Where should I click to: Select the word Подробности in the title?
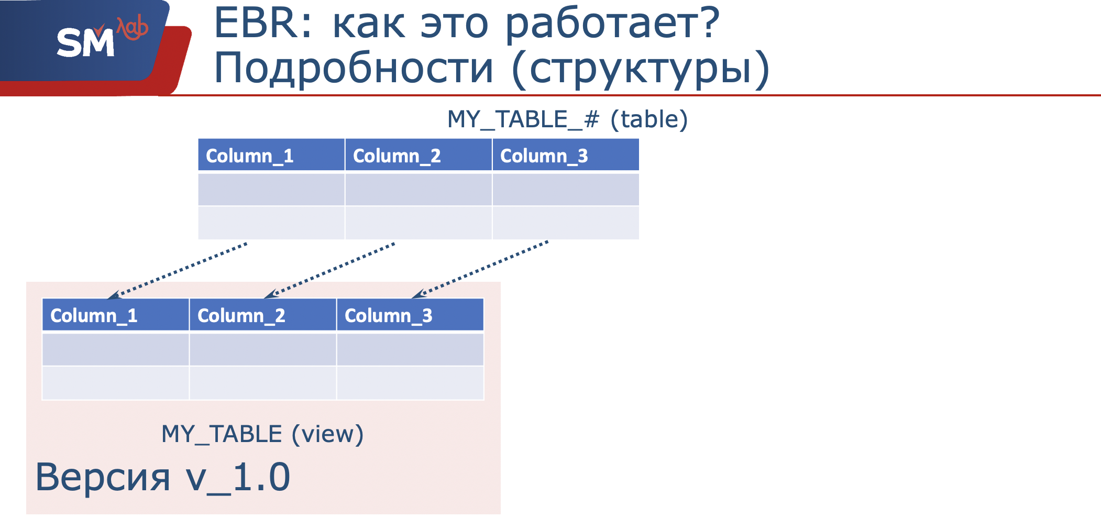[x=354, y=68]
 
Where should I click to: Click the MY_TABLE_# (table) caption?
[x=567, y=119]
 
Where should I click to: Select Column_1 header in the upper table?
[x=250, y=156]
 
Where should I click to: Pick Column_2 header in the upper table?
[x=397, y=156]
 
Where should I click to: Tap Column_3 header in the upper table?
[x=544, y=156]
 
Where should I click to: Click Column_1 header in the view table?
[x=94, y=315]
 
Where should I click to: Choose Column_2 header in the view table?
[x=241, y=315]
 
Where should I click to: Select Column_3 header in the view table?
[x=389, y=315]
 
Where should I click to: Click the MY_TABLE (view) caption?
[x=262, y=434]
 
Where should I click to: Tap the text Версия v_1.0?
[x=162, y=477]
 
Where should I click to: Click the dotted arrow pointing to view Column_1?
[x=178, y=270]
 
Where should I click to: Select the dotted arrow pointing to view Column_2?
[x=330, y=270]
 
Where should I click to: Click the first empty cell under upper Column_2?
[x=419, y=189]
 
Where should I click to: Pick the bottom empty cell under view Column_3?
[x=410, y=383]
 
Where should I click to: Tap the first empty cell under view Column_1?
[x=115, y=349]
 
